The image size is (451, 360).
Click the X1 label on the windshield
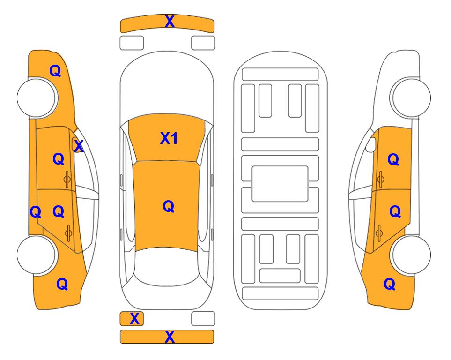[x=169, y=138]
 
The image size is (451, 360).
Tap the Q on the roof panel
[x=168, y=206]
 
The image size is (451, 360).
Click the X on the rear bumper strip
[x=170, y=337]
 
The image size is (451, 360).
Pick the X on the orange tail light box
[x=134, y=319]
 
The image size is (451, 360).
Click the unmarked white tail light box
[x=203, y=319]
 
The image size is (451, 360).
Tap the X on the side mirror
[x=79, y=146]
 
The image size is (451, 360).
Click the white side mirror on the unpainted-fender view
[x=371, y=145]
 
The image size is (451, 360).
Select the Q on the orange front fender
[x=55, y=71]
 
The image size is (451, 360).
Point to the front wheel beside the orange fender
[x=37, y=98]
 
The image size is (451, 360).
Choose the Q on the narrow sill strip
[x=36, y=212]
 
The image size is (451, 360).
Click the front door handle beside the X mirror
[x=67, y=180]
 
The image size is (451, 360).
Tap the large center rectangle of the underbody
[x=280, y=184]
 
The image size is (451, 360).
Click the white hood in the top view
[x=167, y=86]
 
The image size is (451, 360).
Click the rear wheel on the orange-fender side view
[x=37, y=255]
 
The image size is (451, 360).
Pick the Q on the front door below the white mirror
[x=393, y=159]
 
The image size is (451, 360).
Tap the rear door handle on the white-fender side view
[x=379, y=233]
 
